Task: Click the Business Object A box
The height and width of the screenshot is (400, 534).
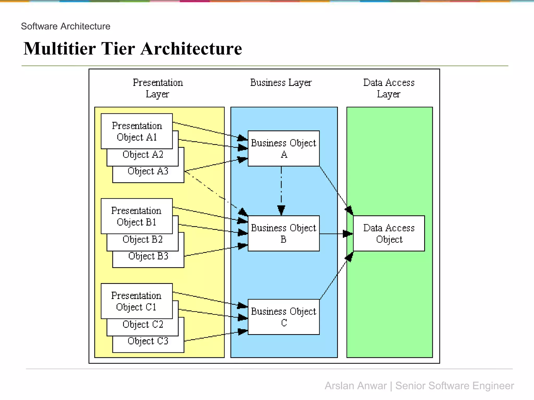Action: (283, 148)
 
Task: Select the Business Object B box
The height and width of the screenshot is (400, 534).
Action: (283, 233)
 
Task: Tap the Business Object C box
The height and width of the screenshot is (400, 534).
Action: (283, 317)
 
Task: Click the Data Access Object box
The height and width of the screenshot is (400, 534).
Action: (389, 233)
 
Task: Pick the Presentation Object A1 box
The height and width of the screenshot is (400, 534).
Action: (137, 131)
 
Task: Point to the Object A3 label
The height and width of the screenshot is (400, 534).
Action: (148, 171)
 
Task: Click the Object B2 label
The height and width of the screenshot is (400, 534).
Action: (143, 239)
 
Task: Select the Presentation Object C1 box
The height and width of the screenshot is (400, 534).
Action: (136, 301)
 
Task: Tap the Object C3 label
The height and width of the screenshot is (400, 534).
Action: (148, 341)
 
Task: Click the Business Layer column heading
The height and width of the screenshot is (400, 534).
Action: (281, 83)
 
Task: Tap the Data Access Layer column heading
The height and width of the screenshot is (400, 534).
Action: (389, 88)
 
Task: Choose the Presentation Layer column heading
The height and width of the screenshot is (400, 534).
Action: (158, 88)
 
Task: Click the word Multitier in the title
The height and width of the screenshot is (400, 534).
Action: (60, 49)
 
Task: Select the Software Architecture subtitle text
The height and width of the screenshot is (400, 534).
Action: (65, 26)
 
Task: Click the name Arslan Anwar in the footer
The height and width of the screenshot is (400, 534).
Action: (355, 386)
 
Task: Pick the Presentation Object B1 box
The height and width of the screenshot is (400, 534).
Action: (136, 216)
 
